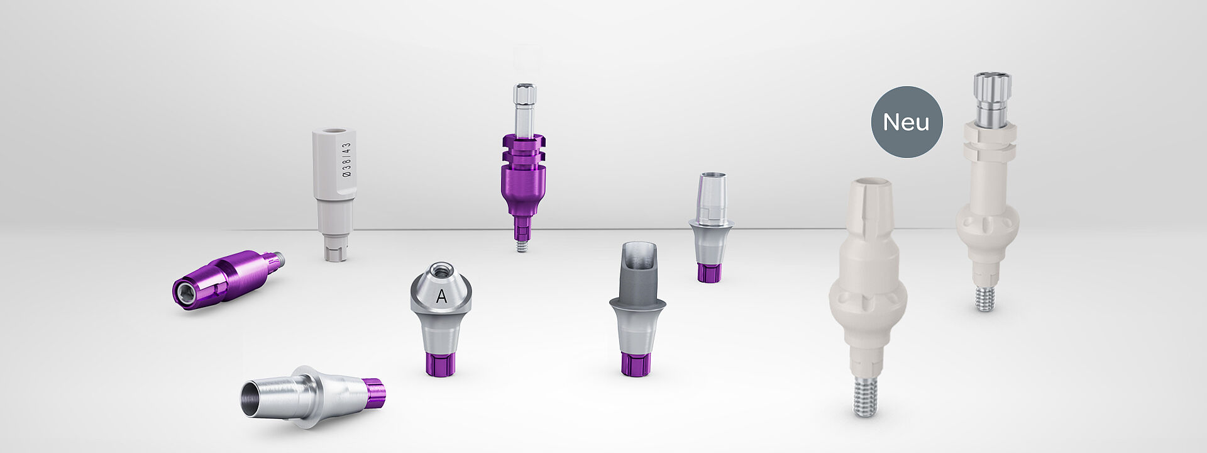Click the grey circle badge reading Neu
click(907, 122)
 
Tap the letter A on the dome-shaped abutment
click(441, 296)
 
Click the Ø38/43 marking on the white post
click(346, 159)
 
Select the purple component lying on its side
click(228, 279)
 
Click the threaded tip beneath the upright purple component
click(522, 245)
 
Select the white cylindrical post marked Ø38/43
click(334, 194)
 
